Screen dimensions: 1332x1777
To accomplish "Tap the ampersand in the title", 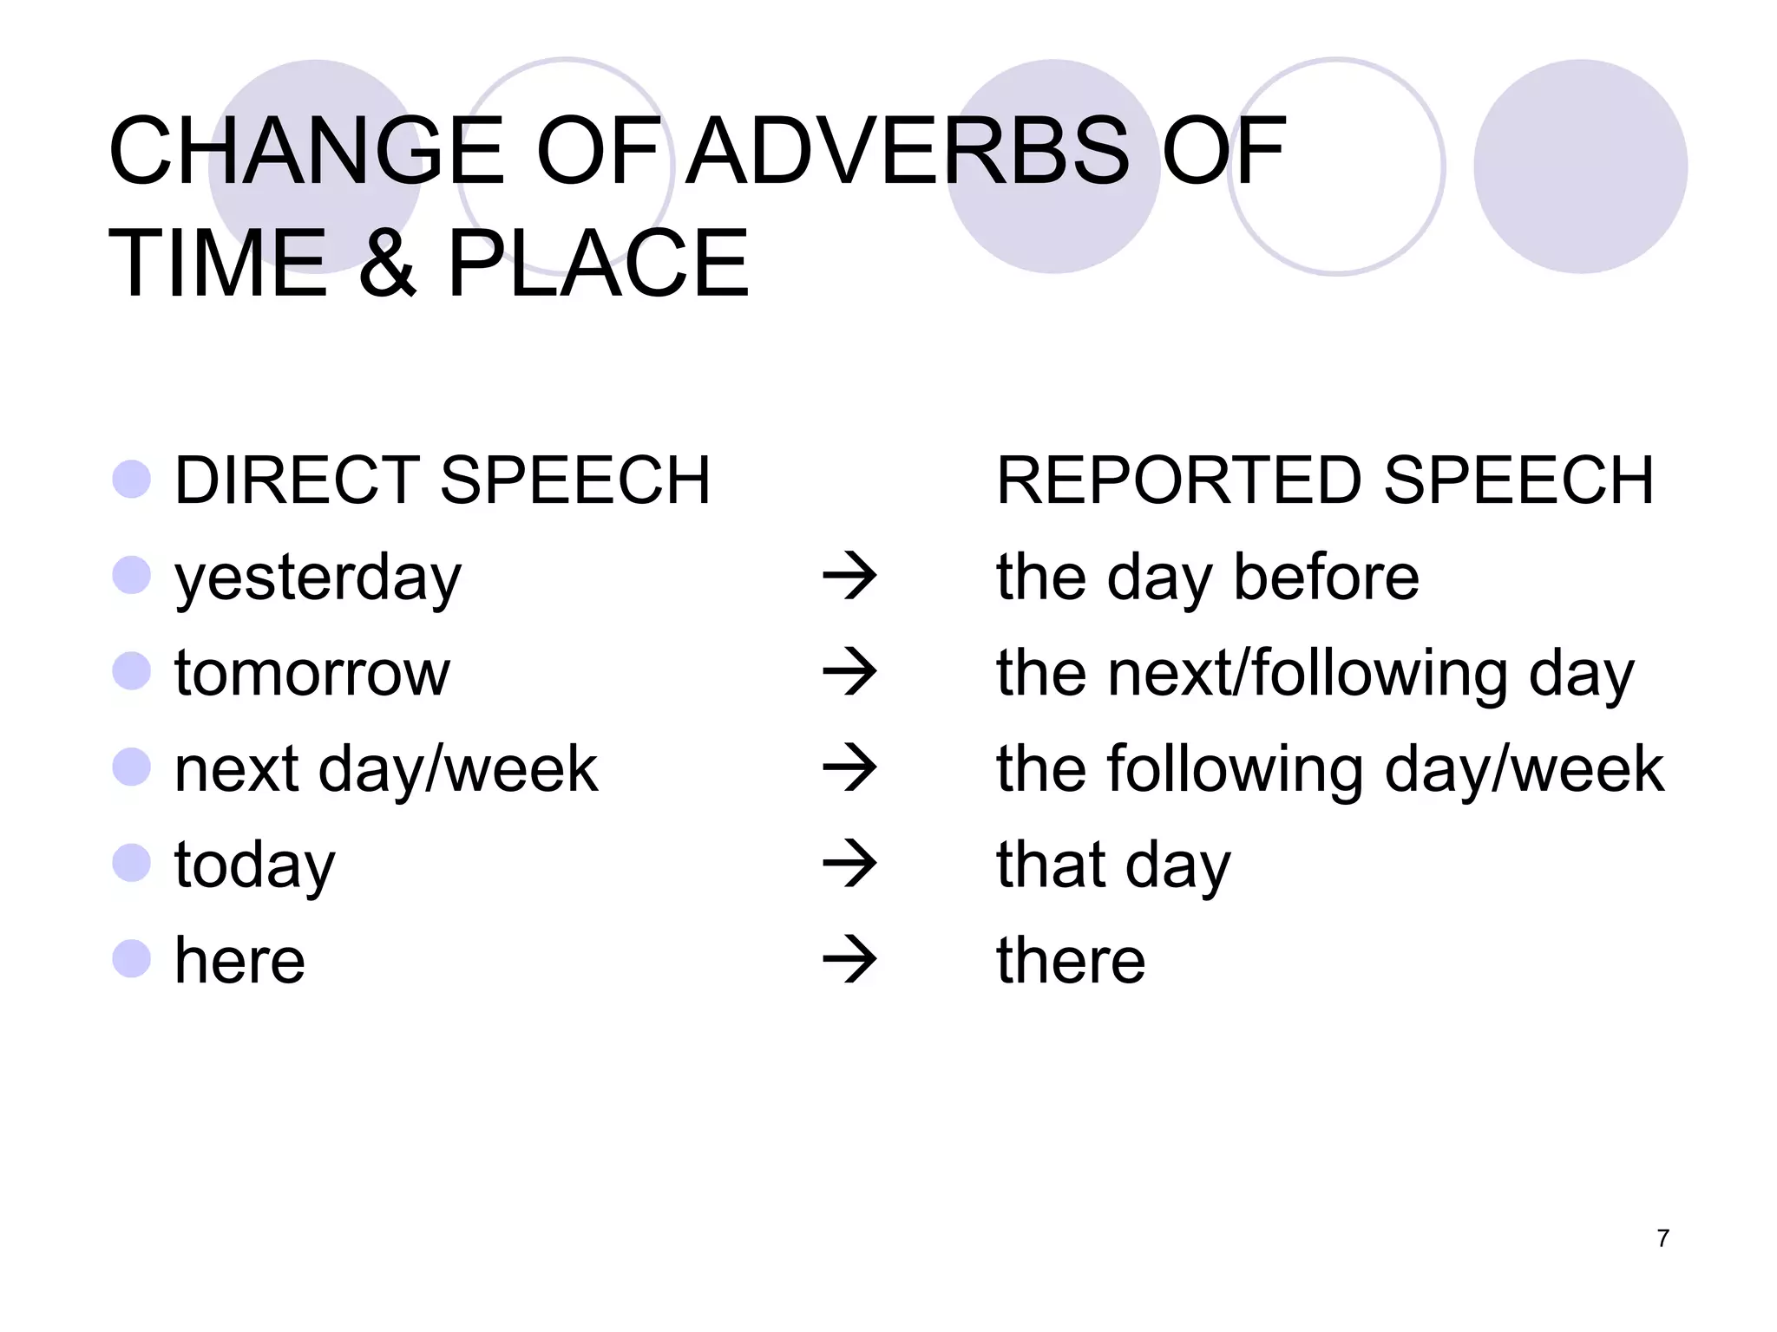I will coord(387,264).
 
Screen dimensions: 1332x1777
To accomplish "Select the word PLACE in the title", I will coord(598,264).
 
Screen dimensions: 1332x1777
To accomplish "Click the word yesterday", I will coord(318,578).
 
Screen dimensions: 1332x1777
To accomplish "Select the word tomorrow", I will coord(312,673).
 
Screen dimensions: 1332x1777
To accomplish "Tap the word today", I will coord(254,866).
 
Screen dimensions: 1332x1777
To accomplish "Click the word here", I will coord(239,961).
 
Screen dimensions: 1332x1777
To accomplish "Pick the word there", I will coord(1071,961).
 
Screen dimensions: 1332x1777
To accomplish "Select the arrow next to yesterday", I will coord(849,576).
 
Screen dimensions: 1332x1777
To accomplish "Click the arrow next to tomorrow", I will coord(849,672).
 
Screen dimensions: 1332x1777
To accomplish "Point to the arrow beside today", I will coord(849,864).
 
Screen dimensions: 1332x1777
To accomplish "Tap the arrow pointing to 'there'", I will coord(849,959).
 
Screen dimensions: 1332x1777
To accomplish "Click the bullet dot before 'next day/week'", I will coord(132,767).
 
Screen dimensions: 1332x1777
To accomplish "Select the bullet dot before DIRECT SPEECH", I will coord(132,480).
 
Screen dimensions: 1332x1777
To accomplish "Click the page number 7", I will coord(1662,1238).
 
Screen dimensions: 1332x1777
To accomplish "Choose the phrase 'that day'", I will coord(1113,866).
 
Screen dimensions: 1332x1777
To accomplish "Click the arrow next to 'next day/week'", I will coord(849,767).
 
